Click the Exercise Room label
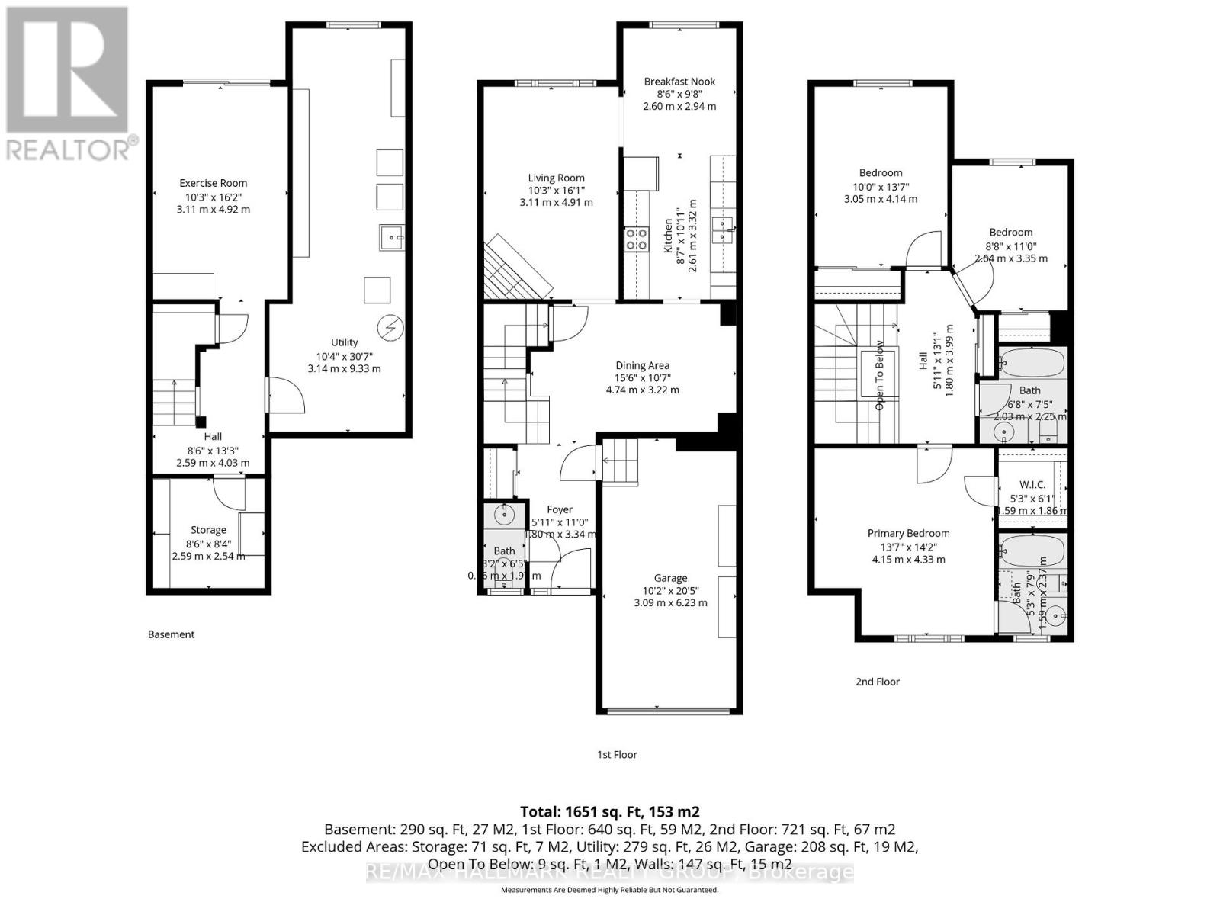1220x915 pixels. coord(213,183)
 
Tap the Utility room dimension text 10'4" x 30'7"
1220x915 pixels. coord(344,356)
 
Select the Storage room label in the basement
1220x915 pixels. coord(208,530)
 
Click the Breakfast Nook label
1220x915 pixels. coord(679,82)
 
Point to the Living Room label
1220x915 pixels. coord(556,178)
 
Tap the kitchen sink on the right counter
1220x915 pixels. coord(721,229)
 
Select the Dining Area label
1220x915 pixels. coord(642,365)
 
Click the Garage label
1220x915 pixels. coord(670,578)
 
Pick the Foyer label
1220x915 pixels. coord(560,509)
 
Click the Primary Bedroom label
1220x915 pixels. coord(908,534)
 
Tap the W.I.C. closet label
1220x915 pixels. coord(1032,485)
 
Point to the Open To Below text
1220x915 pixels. coord(879,375)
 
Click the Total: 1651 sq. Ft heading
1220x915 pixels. coord(609,811)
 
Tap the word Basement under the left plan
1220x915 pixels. coord(171,634)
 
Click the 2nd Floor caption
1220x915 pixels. coord(877,682)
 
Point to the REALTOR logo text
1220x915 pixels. coord(69,149)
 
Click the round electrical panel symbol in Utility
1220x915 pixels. coord(391,328)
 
